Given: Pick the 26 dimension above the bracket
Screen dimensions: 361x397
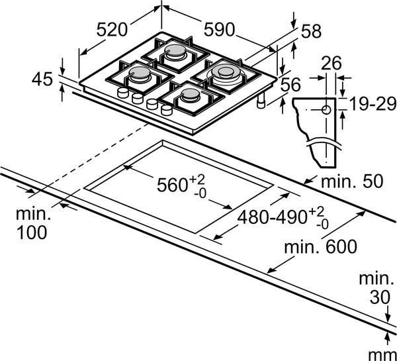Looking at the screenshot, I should coord(332,64).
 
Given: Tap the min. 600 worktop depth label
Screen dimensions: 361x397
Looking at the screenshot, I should coord(321,246).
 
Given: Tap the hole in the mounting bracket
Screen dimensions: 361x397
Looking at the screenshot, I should coord(326,109).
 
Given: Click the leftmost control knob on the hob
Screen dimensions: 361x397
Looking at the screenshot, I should coord(122,93).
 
